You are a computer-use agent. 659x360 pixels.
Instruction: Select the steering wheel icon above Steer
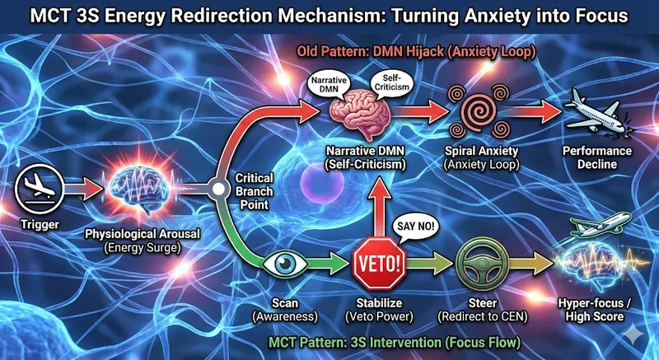pos(477,265)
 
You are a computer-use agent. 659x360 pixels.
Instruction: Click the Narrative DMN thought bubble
pos(325,83)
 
